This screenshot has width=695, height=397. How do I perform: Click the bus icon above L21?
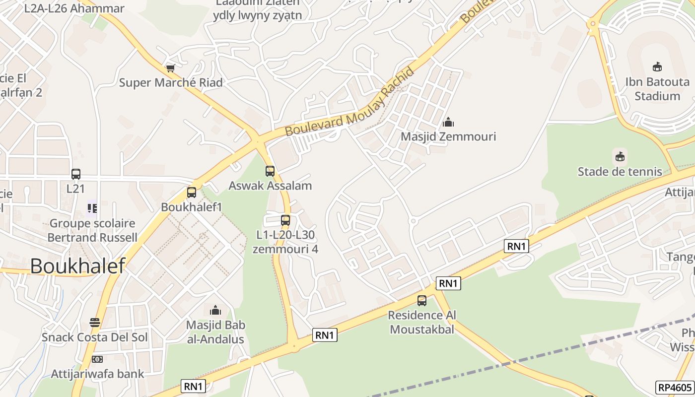coord(75,174)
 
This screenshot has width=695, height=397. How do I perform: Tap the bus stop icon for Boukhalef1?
coord(192,193)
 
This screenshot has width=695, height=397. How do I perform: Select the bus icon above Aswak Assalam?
coord(270,171)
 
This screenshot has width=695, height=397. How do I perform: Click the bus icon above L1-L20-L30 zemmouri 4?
coord(285,220)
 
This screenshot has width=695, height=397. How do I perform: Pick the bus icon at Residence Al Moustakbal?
coord(422,300)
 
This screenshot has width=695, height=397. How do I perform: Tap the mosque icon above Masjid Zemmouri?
coord(448,122)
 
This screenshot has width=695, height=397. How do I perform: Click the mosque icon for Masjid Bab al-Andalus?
coord(215,311)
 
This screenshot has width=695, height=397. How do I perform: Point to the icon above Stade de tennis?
coord(620,157)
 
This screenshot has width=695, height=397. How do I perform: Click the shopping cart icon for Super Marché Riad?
coord(171,68)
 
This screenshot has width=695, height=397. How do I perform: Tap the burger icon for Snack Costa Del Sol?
coord(95,323)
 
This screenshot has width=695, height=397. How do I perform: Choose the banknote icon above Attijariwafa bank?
coord(97,359)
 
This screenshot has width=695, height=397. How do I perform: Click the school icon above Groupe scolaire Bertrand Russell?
coord(92,208)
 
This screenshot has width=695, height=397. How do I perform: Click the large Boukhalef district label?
coord(77,266)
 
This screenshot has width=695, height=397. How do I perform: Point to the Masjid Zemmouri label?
coord(448,136)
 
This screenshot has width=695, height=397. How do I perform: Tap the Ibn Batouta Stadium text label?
coord(657,89)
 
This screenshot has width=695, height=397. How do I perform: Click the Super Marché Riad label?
coord(171,82)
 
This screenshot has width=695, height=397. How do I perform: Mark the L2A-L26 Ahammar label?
coord(74,8)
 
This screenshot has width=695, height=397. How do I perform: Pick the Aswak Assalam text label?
coord(270,186)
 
